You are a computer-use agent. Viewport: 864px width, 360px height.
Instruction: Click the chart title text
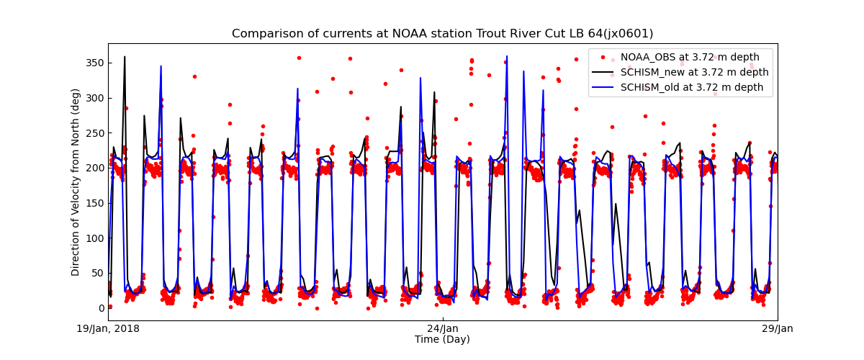pos(442,34)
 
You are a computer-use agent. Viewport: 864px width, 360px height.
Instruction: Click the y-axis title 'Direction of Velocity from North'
pos(76,182)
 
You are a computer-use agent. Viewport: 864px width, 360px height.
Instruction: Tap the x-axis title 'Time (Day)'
pos(442,339)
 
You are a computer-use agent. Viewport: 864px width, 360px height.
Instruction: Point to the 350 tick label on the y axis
pos(94,63)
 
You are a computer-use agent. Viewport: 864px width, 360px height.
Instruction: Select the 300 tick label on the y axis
pos(94,98)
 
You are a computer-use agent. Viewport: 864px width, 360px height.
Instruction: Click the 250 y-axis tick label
pos(94,132)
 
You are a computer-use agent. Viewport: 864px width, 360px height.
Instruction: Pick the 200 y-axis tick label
pos(94,168)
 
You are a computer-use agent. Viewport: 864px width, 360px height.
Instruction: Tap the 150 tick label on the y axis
pos(94,202)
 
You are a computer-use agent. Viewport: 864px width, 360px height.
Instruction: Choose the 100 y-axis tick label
pos(94,238)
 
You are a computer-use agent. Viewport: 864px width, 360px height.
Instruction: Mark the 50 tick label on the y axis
pos(97,272)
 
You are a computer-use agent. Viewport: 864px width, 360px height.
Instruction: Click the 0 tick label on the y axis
pos(100,307)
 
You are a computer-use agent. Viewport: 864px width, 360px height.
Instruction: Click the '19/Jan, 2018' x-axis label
pos(109,329)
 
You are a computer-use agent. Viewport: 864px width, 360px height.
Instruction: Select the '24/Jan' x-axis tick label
pos(442,329)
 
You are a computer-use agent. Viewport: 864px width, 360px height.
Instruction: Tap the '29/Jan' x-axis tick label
pos(777,329)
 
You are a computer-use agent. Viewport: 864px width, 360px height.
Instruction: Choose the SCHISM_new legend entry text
pos(694,72)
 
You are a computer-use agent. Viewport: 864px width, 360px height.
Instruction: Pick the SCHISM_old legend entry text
pos(691,87)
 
